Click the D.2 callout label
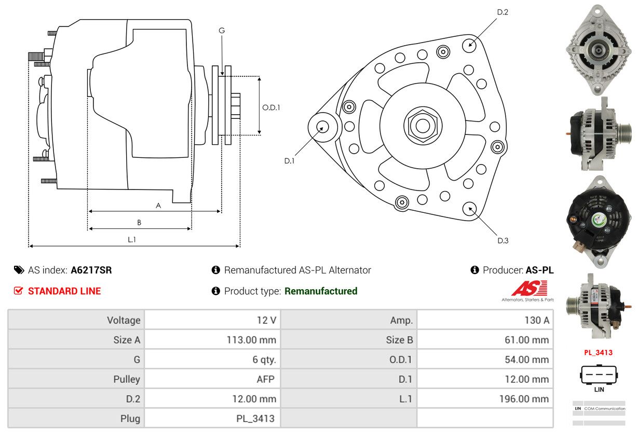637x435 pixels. pos(502,12)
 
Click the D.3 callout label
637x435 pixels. pos(503,240)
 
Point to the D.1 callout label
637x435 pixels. pos(289,161)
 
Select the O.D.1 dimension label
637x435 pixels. pos(271,108)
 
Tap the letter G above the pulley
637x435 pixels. pos(222,31)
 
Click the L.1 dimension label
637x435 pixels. pos(132,239)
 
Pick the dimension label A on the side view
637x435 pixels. pos(158,206)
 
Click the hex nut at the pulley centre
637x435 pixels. pos(423,125)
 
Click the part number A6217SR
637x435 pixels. pos(91,270)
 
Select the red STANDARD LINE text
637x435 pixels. pos(64,291)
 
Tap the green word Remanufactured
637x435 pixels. pos(321,291)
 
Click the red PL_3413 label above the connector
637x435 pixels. pos(598,352)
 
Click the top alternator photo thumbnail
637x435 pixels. pos(599,50)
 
